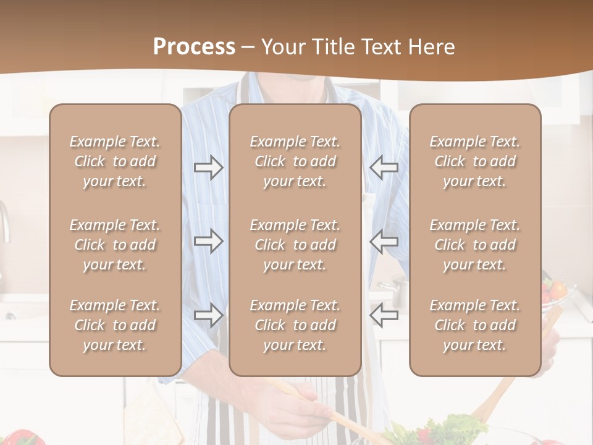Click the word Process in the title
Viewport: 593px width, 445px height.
coord(194,47)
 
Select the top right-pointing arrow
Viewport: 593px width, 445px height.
coord(209,167)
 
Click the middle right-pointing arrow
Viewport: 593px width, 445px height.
coord(209,241)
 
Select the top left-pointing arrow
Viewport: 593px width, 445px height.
coord(384,167)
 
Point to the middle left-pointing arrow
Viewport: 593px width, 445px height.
coord(384,241)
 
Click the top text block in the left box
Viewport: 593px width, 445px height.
coord(115,161)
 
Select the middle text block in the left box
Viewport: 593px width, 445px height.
coord(115,245)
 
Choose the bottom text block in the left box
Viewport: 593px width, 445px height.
coord(115,325)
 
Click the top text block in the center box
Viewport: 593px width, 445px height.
coord(295,161)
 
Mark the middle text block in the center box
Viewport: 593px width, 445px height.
coord(295,245)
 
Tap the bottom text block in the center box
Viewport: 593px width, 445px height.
coord(295,325)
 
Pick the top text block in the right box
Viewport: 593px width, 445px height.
coord(475,161)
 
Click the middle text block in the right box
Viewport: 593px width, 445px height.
coord(475,245)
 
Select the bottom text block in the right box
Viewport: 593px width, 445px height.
coord(475,325)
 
